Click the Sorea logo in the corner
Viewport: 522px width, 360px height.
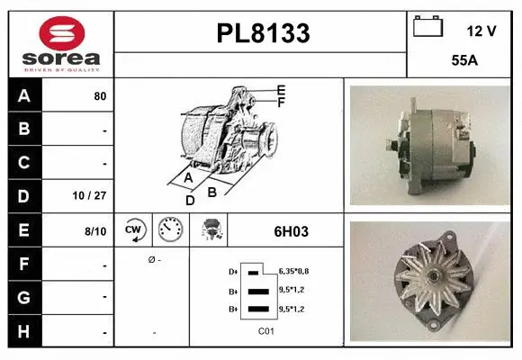(60, 42)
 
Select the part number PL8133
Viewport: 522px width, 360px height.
(263, 34)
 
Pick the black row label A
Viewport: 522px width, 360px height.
(24, 95)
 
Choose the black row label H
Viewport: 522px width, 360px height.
(24, 331)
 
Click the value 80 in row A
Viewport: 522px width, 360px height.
(100, 95)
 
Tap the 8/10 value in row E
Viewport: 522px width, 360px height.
(94, 231)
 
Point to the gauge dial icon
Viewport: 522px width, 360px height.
(171, 230)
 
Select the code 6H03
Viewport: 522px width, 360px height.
(291, 231)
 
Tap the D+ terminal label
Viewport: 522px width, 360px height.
(234, 271)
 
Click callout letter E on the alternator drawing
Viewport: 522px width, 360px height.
(282, 90)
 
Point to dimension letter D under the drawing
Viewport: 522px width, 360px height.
(190, 201)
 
